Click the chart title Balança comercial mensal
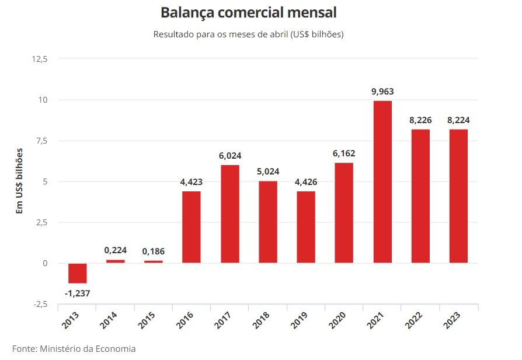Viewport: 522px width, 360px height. [248, 12]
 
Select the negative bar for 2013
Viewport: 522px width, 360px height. [78, 273]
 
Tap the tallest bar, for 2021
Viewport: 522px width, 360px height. [382, 181]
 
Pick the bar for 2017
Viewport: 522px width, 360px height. [230, 214]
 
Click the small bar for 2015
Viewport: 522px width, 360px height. [154, 261]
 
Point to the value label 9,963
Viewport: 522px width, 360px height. [382, 91]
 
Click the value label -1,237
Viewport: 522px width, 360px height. [78, 293]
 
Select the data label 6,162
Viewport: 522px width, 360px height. [344, 153]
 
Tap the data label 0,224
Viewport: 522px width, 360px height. [116, 250]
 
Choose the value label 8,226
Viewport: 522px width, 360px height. [420, 120]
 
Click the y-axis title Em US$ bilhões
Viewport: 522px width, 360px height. [19, 181]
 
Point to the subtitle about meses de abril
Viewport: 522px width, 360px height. [248, 34]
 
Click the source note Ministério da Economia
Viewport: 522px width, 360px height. [74, 349]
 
